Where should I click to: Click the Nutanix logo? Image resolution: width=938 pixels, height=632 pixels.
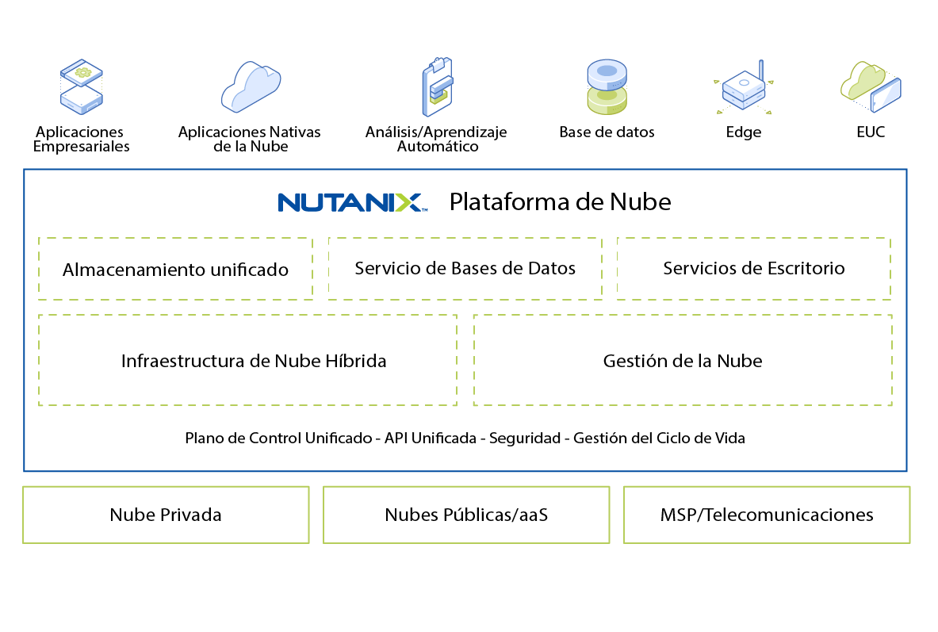(x=352, y=202)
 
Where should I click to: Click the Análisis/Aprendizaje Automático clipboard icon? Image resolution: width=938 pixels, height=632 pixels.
(x=436, y=86)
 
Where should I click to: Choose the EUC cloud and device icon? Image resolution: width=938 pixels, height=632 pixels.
(x=871, y=86)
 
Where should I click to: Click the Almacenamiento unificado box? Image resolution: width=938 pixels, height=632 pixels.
(x=175, y=269)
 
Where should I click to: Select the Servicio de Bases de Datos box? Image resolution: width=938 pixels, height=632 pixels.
(x=465, y=268)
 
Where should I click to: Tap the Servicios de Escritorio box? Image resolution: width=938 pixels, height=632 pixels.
(x=753, y=268)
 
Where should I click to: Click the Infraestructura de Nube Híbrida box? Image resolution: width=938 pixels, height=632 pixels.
(x=247, y=361)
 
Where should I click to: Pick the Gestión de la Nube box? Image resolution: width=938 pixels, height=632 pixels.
(x=683, y=361)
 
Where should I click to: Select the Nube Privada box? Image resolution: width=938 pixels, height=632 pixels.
(x=166, y=515)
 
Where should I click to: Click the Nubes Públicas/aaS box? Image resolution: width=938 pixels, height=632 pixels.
(x=466, y=515)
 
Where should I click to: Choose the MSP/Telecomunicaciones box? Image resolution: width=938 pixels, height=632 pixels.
(x=767, y=515)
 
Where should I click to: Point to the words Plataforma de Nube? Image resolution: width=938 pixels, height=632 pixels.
(x=560, y=202)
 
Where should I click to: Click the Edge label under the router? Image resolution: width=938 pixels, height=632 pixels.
(x=744, y=132)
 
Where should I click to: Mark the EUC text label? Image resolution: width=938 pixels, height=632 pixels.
(x=871, y=132)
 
